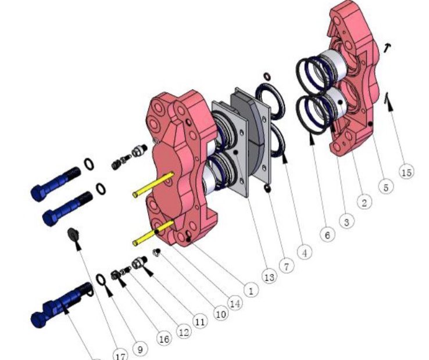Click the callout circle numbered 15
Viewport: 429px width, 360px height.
tap(406, 172)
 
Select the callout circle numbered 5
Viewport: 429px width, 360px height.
tap(386, 188)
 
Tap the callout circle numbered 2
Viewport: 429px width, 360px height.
tap(364, 203)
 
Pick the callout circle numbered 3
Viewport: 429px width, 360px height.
tap(346, 221)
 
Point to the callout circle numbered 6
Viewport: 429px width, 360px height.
tap(327, 235)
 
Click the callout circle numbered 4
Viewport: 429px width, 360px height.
tap(305, 253)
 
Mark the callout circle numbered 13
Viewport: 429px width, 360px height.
tap(269, 277)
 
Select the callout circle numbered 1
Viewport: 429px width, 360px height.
tap(251, 290)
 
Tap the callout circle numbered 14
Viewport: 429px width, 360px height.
tap(235, 303)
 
